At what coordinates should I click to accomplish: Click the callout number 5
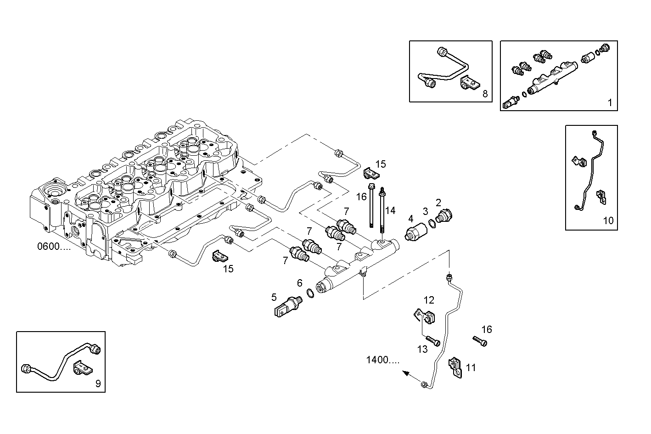274,297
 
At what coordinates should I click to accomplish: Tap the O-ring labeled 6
311,293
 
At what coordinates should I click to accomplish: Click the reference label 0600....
54,247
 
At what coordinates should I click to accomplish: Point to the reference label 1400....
383,360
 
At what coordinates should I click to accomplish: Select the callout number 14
390,211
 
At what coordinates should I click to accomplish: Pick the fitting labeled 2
444,215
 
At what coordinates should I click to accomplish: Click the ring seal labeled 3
432,223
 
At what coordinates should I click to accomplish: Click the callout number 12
429,300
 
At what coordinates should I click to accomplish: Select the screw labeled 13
434,341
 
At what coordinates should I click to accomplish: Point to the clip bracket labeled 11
455,366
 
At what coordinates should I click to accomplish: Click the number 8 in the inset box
485,94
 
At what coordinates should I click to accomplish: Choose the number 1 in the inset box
610,103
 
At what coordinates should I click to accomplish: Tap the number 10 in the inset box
608,221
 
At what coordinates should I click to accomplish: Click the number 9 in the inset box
98,383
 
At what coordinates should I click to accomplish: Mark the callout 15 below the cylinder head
228,269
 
